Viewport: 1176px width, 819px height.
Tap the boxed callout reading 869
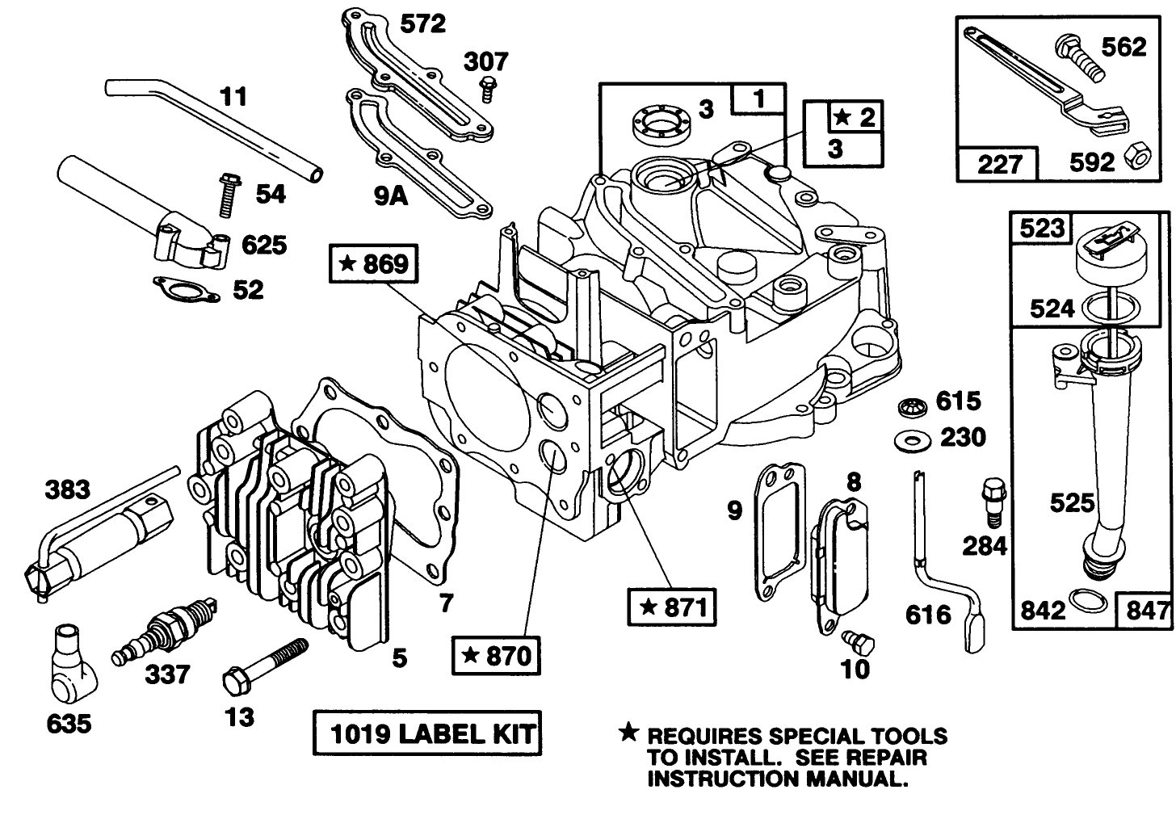[x=374, y=263]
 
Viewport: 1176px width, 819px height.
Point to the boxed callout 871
[x=672, y=607]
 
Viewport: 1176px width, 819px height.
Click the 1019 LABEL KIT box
[x=426, y=733]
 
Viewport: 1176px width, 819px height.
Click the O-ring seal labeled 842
[x=1086, y=602]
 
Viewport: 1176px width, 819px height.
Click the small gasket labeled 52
[x=186, y=288]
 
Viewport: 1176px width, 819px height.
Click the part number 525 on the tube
[x=1071, y=502]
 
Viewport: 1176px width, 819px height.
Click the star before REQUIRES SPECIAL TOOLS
[x=627, y=733]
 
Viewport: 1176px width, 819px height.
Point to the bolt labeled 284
[x=992, y=501]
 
